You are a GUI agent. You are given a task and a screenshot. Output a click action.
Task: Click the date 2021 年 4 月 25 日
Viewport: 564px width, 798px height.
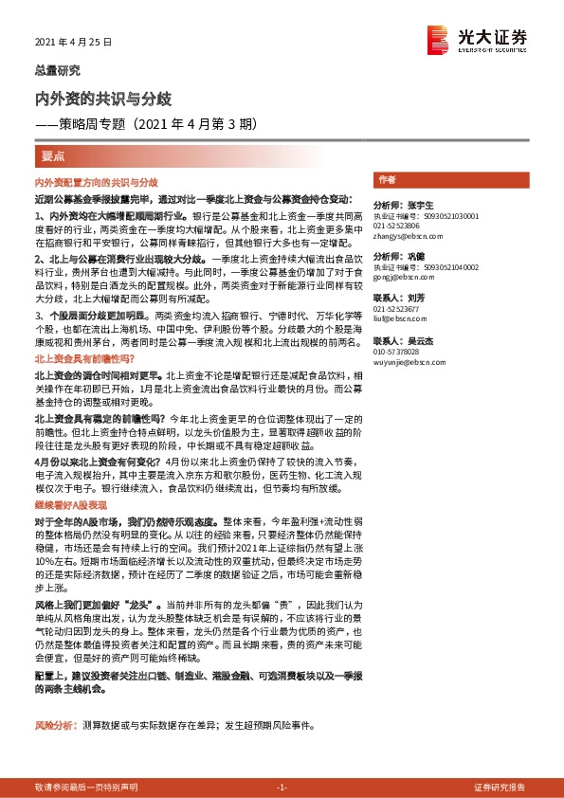click(x=73, y=43)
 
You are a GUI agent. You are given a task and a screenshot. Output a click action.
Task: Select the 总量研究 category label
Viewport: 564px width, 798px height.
click(x=58, y=70)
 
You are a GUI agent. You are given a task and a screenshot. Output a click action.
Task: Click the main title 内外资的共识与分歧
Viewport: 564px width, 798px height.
click(x=102, y=99)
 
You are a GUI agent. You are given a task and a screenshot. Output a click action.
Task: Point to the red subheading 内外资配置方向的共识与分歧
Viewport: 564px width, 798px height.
click(x=96, y=181)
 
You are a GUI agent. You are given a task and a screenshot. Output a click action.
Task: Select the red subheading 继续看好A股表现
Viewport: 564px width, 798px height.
click(x=74, y=507)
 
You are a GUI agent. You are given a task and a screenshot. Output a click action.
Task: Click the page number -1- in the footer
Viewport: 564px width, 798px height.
click(x=282, y=788)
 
